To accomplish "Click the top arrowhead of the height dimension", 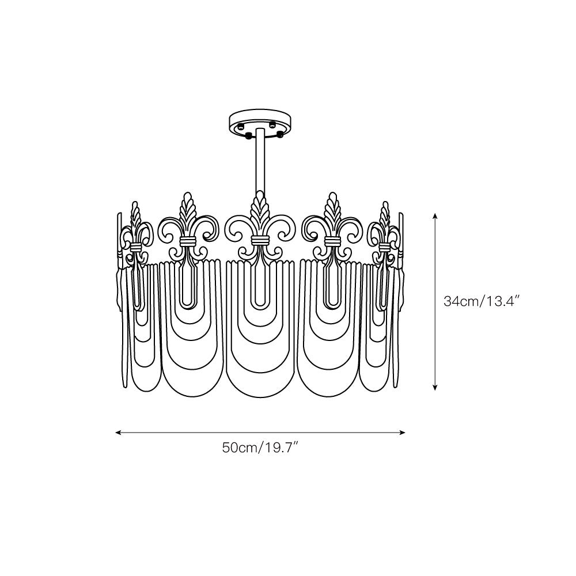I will pyautogui.click(x=435, y=215).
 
